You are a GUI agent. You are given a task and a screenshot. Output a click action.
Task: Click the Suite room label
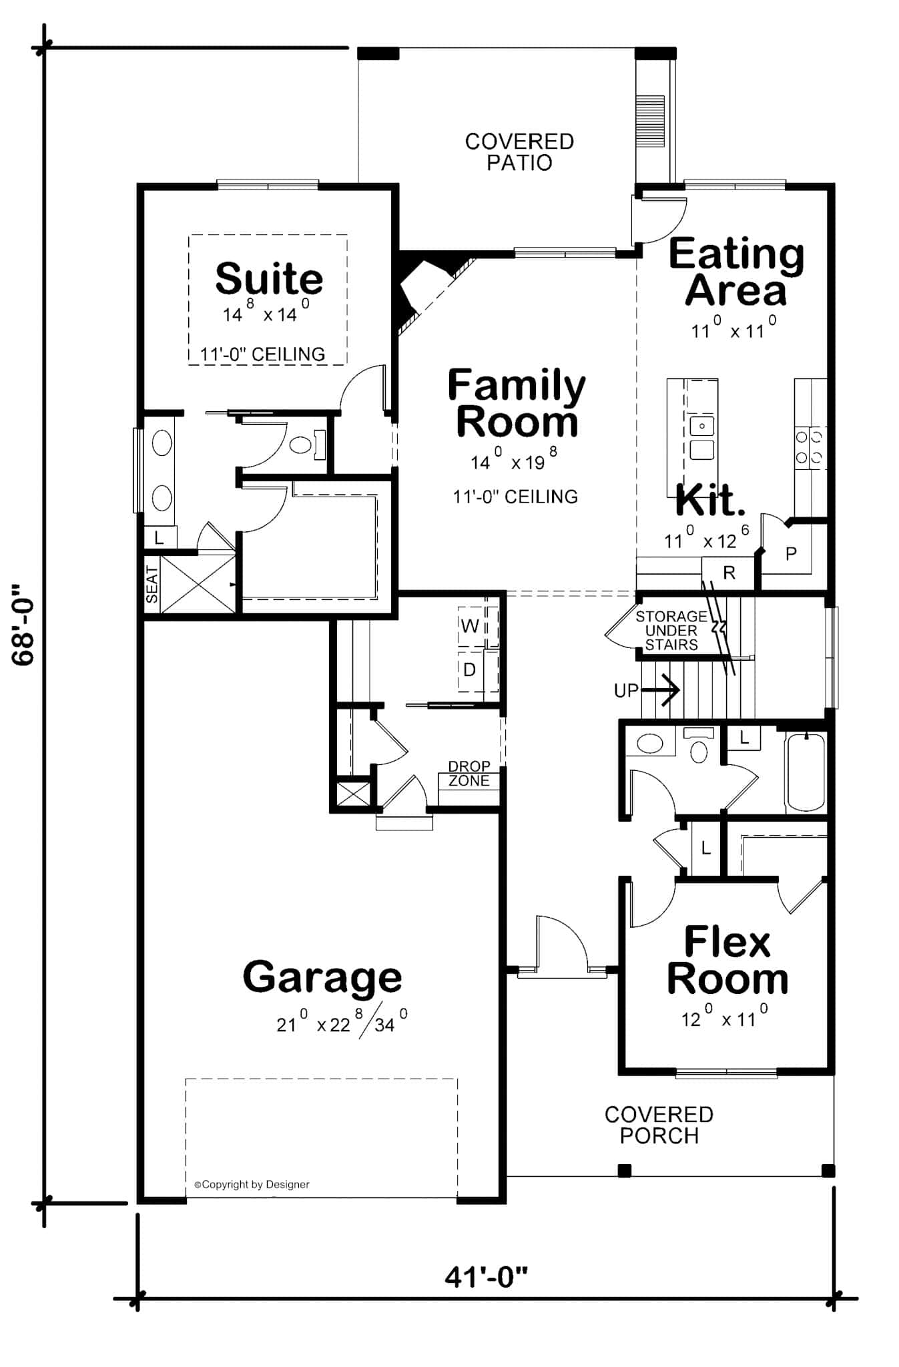pyautogui.click(x=269, y=279)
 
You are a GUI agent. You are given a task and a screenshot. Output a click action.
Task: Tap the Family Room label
pyautogui.click(x=516, y=404)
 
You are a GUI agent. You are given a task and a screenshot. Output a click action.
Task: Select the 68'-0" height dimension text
pyautogui.click(x=23, y=625)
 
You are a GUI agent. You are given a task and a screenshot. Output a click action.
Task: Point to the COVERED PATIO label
pyautogui.click(x=519, y=152)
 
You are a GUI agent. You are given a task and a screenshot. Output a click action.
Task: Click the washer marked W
pyautogui.click(x=470, y=625)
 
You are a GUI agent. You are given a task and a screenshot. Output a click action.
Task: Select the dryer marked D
pyautogui.click(x=470, y=669)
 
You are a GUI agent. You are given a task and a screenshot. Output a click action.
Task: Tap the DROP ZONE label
pyautogui.click(x=469, y=774)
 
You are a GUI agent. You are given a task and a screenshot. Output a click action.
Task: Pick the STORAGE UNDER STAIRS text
pyautogui.click(x=671, y=630)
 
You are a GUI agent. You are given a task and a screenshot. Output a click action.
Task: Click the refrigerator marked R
pyautogui.click(x=729, y=573)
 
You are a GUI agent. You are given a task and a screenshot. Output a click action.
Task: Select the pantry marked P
pyautogui.click(x=791, y=553)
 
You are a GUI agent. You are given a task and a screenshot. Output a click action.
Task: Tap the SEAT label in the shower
pyautogui.click(x=152, y=585)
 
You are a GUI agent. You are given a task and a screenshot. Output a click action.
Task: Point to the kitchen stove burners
pyautogui.click(x=809, y=447)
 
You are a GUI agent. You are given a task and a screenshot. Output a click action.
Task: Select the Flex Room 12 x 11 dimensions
pyautogui.click(x=724, y=1019)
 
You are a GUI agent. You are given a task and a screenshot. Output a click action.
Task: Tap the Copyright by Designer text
pyautogui.click(x=252, y=1184)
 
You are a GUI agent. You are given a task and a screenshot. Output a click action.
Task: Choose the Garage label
pyautogui.click(x=322, y=977)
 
